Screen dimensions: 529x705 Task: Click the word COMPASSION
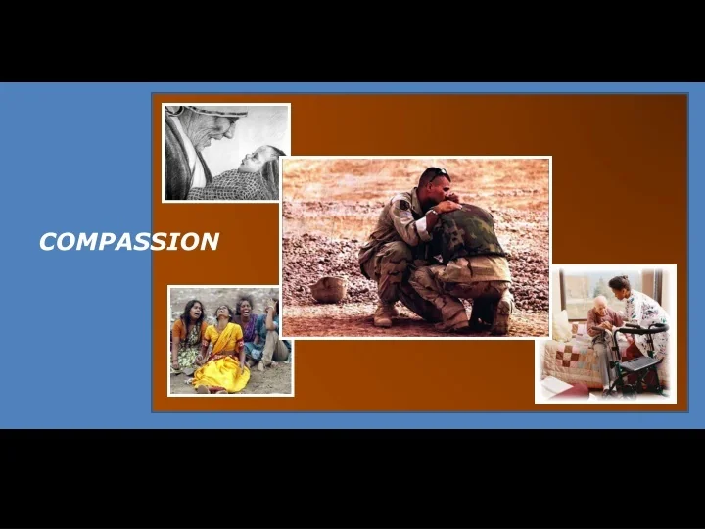tap(128, 242)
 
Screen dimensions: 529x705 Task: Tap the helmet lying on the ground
tap(328, 289)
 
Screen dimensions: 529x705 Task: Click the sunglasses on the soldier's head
tap(434, 173)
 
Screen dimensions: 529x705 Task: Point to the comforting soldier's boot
tap(385, 313)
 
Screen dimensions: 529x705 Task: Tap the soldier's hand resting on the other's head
tap(449, 205)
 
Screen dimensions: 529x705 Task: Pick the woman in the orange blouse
tap(187, 338)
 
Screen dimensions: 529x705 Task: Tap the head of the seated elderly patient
tap(600, 305)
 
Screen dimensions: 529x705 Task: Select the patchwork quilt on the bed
tap(572, 362)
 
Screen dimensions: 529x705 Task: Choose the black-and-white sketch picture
tap(226, 153)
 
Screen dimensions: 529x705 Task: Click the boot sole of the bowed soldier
tap(502, 314)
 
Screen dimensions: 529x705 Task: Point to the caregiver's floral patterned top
tap(645, 313)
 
